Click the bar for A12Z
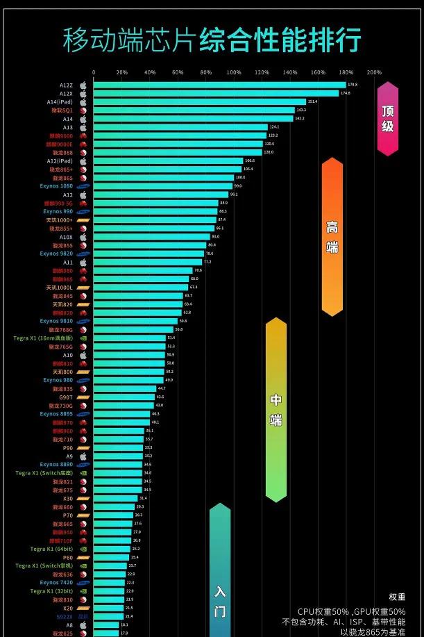click(219, 85)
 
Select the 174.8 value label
click(345, 93)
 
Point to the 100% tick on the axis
click(234, 72)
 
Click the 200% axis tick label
click(373, 72)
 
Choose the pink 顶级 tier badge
click(388, 118)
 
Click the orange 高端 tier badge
click(332, 236)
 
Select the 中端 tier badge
click(276, 410)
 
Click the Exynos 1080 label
click(56, 186)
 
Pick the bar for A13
click(180, 127)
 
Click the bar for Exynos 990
click(155, 211)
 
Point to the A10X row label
click(66, 237)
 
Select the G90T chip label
click(65, 397)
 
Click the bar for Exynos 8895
click(122, 414)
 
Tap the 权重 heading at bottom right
click(397, 597)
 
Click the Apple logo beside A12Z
click(83, 85)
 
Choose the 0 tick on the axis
click(94, 72)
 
